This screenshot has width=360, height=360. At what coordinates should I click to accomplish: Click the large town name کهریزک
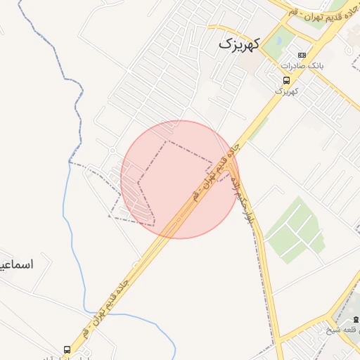(239, 44)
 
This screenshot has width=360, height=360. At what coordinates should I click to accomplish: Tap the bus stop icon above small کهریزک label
(285, 80)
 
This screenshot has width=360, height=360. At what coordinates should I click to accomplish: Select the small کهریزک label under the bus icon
(286, 91)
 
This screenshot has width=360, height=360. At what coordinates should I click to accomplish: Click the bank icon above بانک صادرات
(302, 56)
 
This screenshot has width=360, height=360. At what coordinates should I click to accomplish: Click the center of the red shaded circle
(180, 179)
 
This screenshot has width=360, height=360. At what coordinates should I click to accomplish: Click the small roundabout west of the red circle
(112, 150)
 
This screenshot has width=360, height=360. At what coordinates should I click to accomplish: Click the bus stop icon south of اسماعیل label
(67, 349)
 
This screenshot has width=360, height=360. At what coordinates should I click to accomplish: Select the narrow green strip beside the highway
(258, 129)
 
